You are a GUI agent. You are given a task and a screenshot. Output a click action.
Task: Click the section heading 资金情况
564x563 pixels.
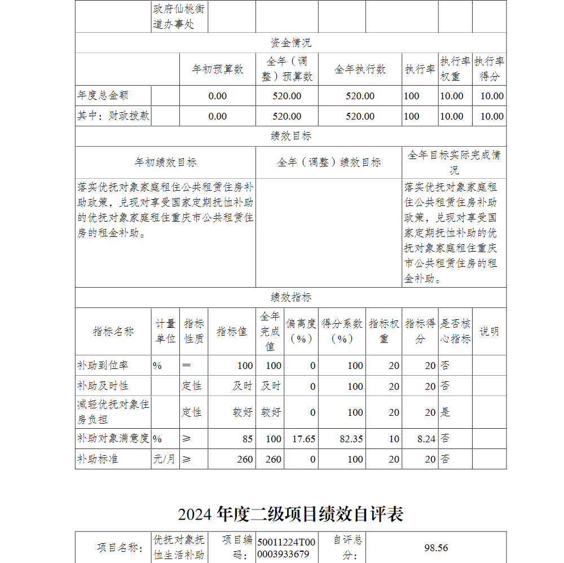(x=290, y=43)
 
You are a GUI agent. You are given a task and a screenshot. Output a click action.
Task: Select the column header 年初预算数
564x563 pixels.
(x=218, y=69)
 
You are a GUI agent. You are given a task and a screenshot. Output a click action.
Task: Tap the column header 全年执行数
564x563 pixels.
(x=360, y=69)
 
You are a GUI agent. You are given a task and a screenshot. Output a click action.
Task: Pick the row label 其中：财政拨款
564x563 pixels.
(x=113, y=116)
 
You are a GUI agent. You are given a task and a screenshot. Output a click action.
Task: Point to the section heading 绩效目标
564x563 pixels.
(x=290, y=136)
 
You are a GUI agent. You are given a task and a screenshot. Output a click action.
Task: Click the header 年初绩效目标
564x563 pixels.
(x=165, y=162)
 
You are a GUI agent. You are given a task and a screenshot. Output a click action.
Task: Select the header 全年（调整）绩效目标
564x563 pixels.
(x=329, y=162)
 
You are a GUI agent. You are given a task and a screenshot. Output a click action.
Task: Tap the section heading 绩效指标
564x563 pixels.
(x=290, y=297)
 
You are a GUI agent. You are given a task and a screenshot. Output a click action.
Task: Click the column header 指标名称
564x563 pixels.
(x=113, y=331)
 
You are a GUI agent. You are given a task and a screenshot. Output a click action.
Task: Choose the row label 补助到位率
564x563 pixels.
(x=103, y=366)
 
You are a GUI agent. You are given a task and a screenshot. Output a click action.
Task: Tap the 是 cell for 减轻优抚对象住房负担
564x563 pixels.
(x=446, y=412)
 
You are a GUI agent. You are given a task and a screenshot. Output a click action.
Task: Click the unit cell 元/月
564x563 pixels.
(x=165, y=459)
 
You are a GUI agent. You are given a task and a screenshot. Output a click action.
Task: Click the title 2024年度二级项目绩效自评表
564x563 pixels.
(x=290, y=514)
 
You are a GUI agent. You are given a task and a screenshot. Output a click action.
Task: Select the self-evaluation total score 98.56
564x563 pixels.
(x=436, y=548)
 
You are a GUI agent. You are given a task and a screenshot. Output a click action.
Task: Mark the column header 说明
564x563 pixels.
(x=489, y=331)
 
